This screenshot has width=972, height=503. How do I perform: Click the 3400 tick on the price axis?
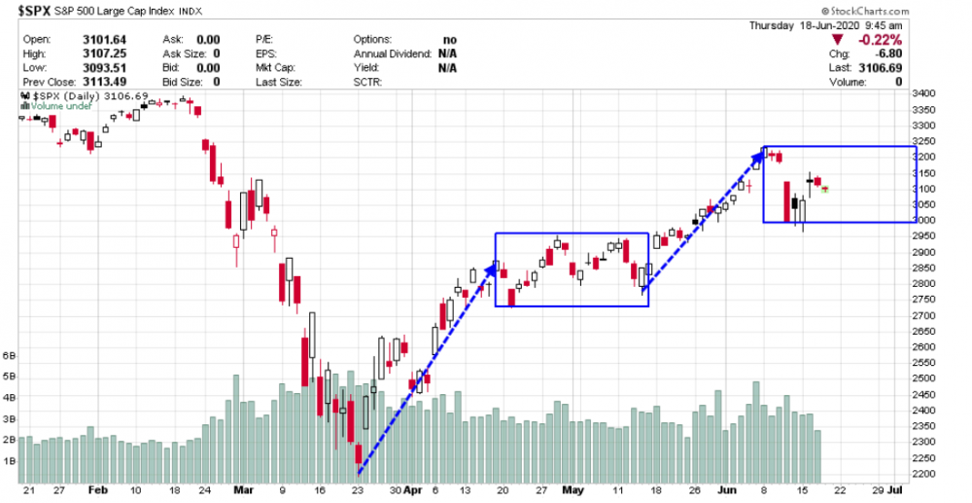tap(934, 93)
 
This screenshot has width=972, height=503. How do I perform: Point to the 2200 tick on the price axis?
tap(934, 474)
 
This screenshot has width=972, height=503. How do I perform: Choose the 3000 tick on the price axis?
tap(934, 220)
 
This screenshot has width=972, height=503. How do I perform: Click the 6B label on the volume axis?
tap(10, 356)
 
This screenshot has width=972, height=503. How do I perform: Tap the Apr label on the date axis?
tap(413, 492)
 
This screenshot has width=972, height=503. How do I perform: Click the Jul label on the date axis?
tap(905, 492)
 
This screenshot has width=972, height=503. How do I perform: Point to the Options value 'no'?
tap(449, 39)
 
